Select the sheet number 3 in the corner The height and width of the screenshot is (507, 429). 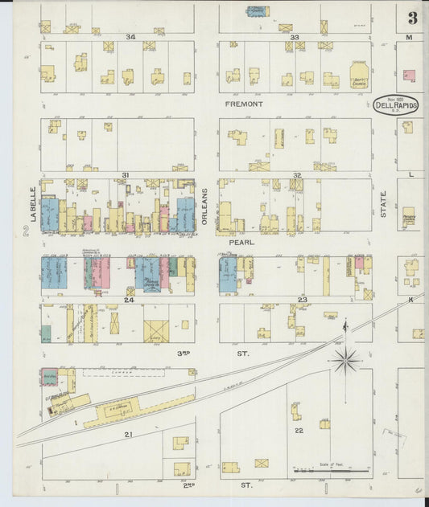pos(412,18)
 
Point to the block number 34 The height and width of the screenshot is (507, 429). pos(130,37)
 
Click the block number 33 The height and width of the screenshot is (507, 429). pos(295,37)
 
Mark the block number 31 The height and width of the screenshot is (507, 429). pos(125,175)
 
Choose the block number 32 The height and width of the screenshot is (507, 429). pos(296,175)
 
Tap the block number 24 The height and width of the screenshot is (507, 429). pos(128,300)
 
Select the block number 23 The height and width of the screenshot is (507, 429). pos(303,300)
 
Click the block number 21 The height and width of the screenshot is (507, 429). pos(128,434)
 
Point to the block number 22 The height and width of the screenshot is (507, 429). pos(299,431)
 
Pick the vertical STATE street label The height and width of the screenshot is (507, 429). pos(384,204)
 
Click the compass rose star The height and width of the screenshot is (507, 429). pos(345,360)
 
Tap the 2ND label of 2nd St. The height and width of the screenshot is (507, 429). pos(190,485)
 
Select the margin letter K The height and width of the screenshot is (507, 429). pos(410,299)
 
